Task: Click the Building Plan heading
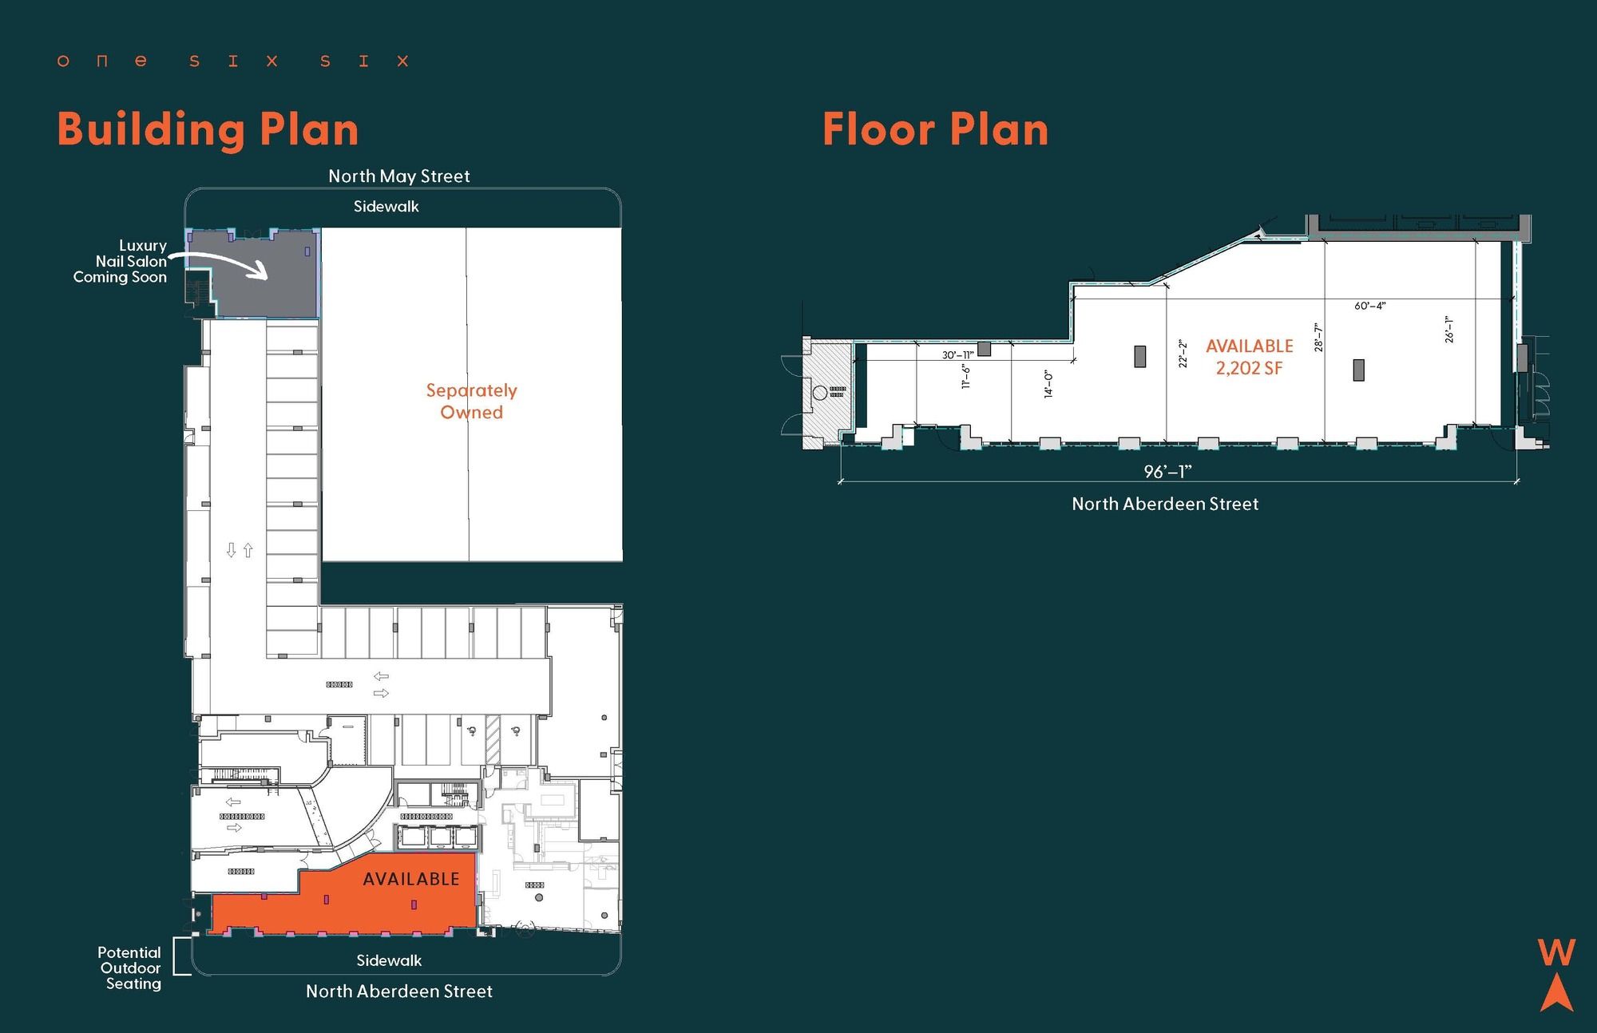(208, 130)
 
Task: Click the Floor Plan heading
(935, 129)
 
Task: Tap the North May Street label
(399, 176)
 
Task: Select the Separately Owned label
(471, 402)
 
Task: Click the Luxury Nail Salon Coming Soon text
(121, 261)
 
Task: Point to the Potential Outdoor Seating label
(130, 968)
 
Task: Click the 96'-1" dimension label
(1167, 472)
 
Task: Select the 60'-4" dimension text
(1370, 306)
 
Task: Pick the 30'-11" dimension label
(957, 354)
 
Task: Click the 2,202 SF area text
(1250, 368)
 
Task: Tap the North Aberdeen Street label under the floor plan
(1165, 504)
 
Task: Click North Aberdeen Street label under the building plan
(399, 991)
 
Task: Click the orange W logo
(1556, 952)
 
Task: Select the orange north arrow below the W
(1556, 992)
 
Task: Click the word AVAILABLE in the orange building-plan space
(411, 879)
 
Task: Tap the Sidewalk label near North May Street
(386, 207)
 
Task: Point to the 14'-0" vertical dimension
(1048, 383)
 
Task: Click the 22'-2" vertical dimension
(1183, 354)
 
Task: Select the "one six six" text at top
(232, 61)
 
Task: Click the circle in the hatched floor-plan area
(819, 393)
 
